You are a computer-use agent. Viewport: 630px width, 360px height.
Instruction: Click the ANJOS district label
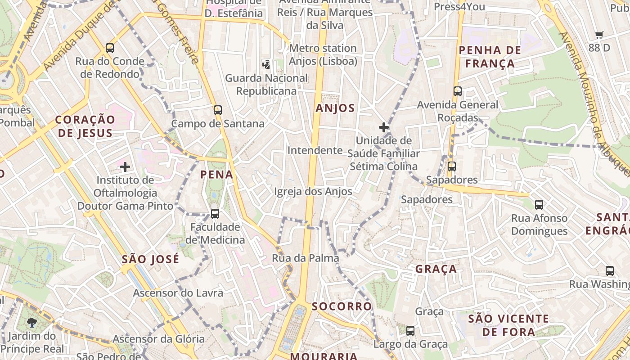coord(335,108)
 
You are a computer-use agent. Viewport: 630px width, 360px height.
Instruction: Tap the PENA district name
coord(216,175)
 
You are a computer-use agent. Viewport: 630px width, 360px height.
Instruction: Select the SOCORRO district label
coord(342,306)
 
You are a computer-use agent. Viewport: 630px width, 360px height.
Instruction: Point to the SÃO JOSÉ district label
coord(150,259)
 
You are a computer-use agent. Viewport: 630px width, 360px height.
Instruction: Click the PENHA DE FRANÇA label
coord(490,57)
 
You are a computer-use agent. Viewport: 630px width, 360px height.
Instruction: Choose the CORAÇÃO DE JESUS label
coord(85,126)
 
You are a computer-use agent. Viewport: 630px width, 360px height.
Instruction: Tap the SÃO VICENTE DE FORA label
coord(508,325)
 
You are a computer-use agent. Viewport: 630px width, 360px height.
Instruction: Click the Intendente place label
coord(315,150)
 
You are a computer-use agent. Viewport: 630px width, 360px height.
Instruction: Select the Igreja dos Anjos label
coord(313,191)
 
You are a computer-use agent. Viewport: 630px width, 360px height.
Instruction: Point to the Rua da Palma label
coord(305,258)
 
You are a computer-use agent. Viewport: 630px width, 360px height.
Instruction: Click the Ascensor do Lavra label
coord(178,293)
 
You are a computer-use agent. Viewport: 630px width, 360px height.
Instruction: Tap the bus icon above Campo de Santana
coord(218,110)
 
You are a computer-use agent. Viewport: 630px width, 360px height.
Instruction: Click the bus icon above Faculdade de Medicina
coord(215,213)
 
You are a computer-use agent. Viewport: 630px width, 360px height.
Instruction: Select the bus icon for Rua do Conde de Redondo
coord(109,48)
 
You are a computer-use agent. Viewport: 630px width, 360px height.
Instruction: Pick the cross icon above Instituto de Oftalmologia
coord(125,167)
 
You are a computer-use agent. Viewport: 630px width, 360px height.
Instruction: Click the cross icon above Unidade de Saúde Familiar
coord(383,127)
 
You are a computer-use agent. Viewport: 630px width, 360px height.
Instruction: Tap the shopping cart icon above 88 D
coord(599,35)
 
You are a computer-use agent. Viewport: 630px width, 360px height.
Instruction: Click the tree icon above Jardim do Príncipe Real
coord(32,322)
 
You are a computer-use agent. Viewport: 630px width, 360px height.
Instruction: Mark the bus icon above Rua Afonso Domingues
coord(539,205)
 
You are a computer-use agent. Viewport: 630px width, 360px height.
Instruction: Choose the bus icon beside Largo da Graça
coord(410,331)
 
